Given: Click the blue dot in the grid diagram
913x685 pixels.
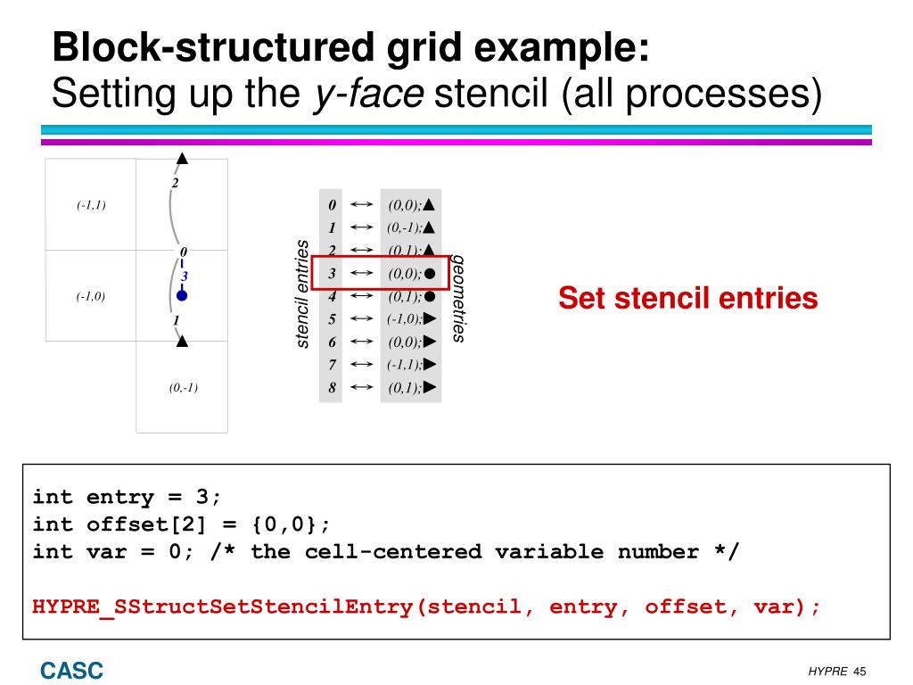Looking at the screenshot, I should tap(182, 295).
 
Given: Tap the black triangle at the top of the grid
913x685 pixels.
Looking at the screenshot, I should tap(182, 159).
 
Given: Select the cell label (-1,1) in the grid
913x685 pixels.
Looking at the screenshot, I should tap(91, 205).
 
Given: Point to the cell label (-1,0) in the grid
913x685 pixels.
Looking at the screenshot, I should tap(91, 297).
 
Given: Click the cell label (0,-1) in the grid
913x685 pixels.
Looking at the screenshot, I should tap(183, 387).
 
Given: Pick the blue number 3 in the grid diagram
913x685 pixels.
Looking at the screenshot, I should tap(185, 276).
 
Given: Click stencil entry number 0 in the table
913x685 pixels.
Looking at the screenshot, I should tap(332, 205).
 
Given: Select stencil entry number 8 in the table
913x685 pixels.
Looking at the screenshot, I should tap(332, 388).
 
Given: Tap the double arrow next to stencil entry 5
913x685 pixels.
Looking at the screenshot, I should tap(361, 318).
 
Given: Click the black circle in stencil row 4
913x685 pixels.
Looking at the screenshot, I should tap(430, 296).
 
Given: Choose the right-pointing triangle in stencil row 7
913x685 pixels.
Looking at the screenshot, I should tap(430, 364).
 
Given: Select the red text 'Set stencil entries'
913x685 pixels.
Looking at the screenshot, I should tap(687, 298).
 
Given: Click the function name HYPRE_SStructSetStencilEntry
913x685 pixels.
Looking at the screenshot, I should tap(223, 607).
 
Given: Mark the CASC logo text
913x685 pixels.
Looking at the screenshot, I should tap(71, 670).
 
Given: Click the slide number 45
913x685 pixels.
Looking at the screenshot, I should tap(860, 671).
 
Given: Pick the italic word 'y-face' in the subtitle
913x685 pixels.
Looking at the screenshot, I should tap(367, 93).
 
